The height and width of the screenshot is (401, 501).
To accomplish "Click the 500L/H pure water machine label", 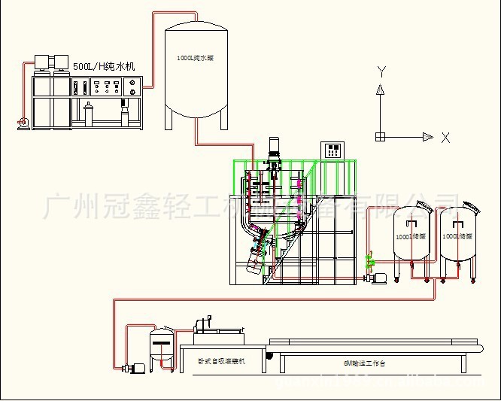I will [103, 66].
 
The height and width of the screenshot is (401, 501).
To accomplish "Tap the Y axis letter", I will [381, 72].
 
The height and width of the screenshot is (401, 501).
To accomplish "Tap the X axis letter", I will [445, 138].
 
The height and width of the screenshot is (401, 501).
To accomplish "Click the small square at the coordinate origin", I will [381, 137].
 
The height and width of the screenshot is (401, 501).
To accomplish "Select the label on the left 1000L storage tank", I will [411, 235].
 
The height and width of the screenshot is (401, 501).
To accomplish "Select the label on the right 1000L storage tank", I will [458, 235].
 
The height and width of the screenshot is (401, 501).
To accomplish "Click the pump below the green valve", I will [375, 278].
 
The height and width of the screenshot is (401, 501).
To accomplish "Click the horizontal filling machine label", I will [221, 362].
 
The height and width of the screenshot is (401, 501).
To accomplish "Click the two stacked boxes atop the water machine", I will [46, 61].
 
